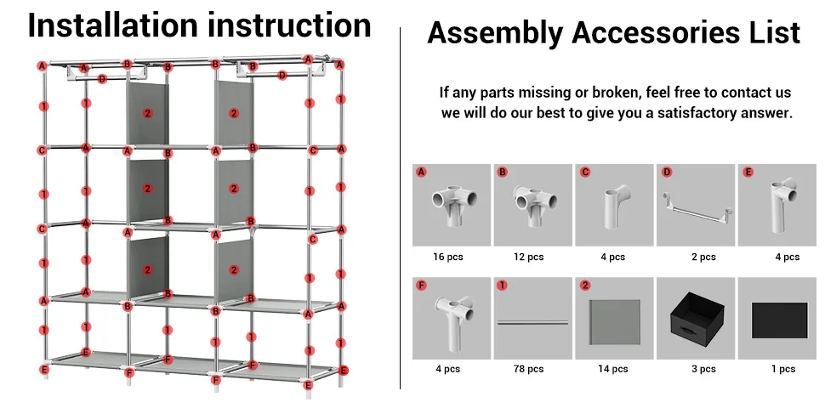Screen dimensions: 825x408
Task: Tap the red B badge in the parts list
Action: click(x=503, y=173)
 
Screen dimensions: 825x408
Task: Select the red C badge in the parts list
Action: click(x=584, y=173)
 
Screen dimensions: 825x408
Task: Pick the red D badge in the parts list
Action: click(x=666, y=173)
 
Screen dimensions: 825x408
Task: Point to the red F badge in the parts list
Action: click(x=421, y=286)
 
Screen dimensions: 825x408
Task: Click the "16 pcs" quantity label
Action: click(x=451, y=257)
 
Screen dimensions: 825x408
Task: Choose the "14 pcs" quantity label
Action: click(x=613, y=369)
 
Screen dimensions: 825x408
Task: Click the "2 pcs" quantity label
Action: click(x=703, y=257)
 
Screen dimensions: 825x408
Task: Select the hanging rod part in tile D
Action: click(x=696, y=207)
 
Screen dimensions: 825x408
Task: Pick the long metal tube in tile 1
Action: click(x=532, y=322)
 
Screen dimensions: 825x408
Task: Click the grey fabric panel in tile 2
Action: click(x=614, y=319)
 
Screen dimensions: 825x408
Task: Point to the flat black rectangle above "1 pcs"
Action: click(x=779, y=320)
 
